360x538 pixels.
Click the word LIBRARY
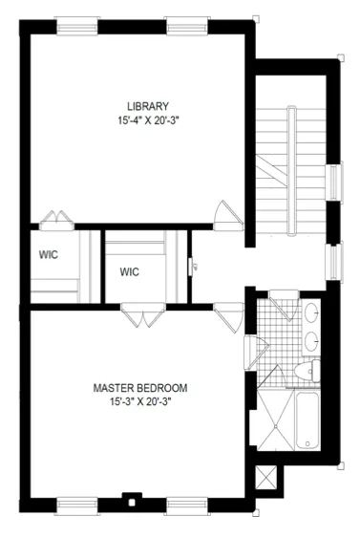(x=148, y=106)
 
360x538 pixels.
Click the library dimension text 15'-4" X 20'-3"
(x=148, y=120)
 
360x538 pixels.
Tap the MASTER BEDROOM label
(x=139, y=388)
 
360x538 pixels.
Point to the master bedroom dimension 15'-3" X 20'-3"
(x=139, y=401)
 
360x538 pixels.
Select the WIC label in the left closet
(x=49, y=255)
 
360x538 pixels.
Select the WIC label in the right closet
(x=130, y=272)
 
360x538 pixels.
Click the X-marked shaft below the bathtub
(x=266, y=473)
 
